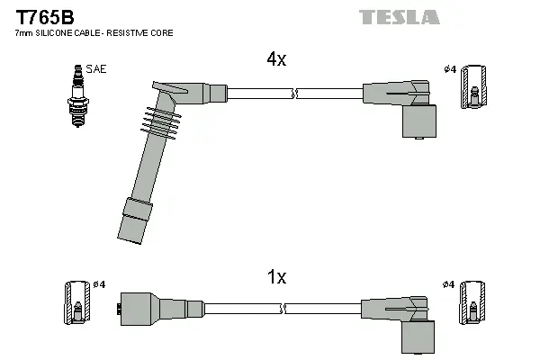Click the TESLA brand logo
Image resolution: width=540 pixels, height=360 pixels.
click(399, 17)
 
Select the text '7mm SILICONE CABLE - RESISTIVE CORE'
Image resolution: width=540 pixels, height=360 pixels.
click(94, 33)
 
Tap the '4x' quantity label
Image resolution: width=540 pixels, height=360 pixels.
click(275, 60)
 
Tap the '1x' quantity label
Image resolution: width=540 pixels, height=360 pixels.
click(275, 278)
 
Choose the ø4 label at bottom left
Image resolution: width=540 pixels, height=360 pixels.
click(100, 284)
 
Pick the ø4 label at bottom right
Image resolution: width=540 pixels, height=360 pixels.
click(448, 284)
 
